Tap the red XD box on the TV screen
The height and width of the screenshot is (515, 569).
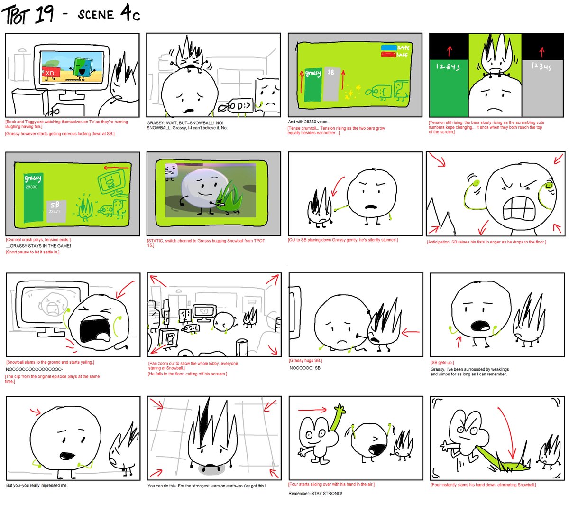tap(50, 73)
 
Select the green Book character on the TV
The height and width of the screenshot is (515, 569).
tap(82, 69)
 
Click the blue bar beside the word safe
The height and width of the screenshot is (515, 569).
tap(389, 47)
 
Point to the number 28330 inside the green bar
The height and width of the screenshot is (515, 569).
tap(32, 187)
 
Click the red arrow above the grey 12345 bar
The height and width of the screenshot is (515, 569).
tap(542, 51)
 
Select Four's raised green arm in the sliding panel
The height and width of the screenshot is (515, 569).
tap(337, 418)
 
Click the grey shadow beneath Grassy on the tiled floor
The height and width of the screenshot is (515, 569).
tap(211, 469)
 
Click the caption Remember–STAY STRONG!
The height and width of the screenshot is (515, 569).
tap(315, 494)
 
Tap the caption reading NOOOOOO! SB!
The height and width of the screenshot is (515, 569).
tap(305, 368)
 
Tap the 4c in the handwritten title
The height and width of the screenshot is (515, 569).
tap(130, 14)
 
